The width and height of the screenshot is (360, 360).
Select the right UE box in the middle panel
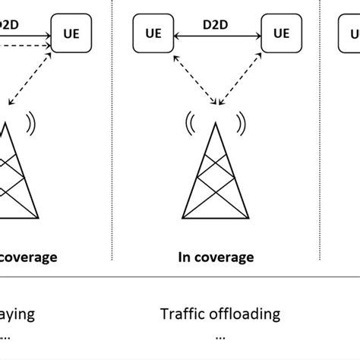[280, 33]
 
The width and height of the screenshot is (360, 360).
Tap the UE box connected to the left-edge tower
[70, 33]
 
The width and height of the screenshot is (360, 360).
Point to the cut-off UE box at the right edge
[352, 33]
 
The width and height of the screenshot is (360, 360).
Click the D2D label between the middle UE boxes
[215, 26]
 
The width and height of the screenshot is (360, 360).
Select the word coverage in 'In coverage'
[224, 258]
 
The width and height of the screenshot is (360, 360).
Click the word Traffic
[182, 313]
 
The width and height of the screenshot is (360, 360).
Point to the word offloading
[243, 313]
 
